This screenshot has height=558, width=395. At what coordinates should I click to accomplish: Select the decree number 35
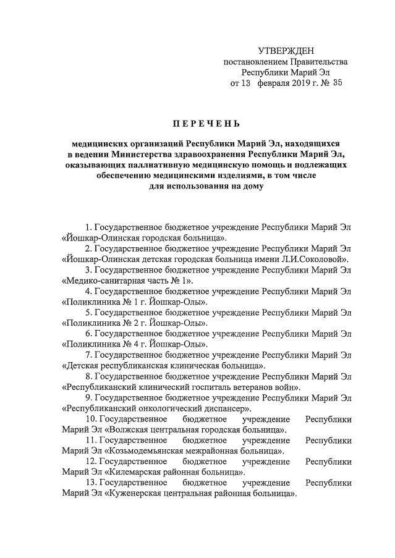[x=336, y=82]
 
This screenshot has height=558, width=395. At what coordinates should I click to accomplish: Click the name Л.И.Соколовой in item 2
[x=321, y=258]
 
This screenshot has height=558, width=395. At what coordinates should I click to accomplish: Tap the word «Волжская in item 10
[x=127, y=429]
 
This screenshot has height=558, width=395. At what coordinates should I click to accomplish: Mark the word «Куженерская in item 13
[x=133, y=494]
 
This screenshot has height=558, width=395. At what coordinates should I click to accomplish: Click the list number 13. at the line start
[x=90, y=483]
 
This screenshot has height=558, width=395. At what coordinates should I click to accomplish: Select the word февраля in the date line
[x=273, y=82]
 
